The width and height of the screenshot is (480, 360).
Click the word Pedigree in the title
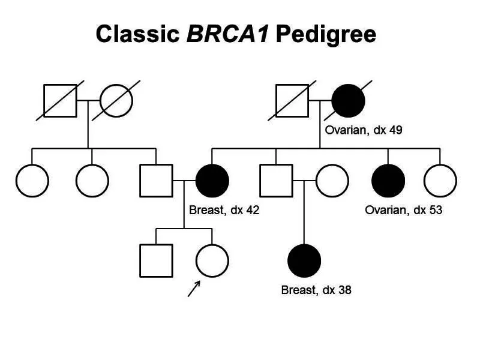(x=326, y=34)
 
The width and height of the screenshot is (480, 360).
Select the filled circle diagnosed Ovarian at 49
(x=349, y=100)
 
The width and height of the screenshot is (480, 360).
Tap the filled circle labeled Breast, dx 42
(x=212, y=180)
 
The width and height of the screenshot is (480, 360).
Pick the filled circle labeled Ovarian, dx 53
(x=388, y=180)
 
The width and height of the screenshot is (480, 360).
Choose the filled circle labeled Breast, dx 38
(x=305, y=260)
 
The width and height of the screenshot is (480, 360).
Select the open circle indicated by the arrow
(x=212, y=260)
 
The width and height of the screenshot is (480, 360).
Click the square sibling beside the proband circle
(x=156, y=260)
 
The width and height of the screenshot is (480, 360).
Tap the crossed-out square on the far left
(x=60, y=100)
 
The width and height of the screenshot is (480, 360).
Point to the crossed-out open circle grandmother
(x=116, y=100)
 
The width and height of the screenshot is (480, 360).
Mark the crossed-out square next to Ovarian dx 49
(x=292, y=100)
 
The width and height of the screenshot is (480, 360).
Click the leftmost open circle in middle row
(x=32, y=180)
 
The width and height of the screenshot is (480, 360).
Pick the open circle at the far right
(x=440, y=180)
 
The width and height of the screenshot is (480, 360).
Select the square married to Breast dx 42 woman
(x=156, y=180)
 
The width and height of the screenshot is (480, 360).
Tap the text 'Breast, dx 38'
(x=316, y=290)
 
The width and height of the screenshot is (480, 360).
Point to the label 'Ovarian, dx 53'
(x=404, y=210)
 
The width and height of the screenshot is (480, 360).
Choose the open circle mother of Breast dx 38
(x=332, y=180)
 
